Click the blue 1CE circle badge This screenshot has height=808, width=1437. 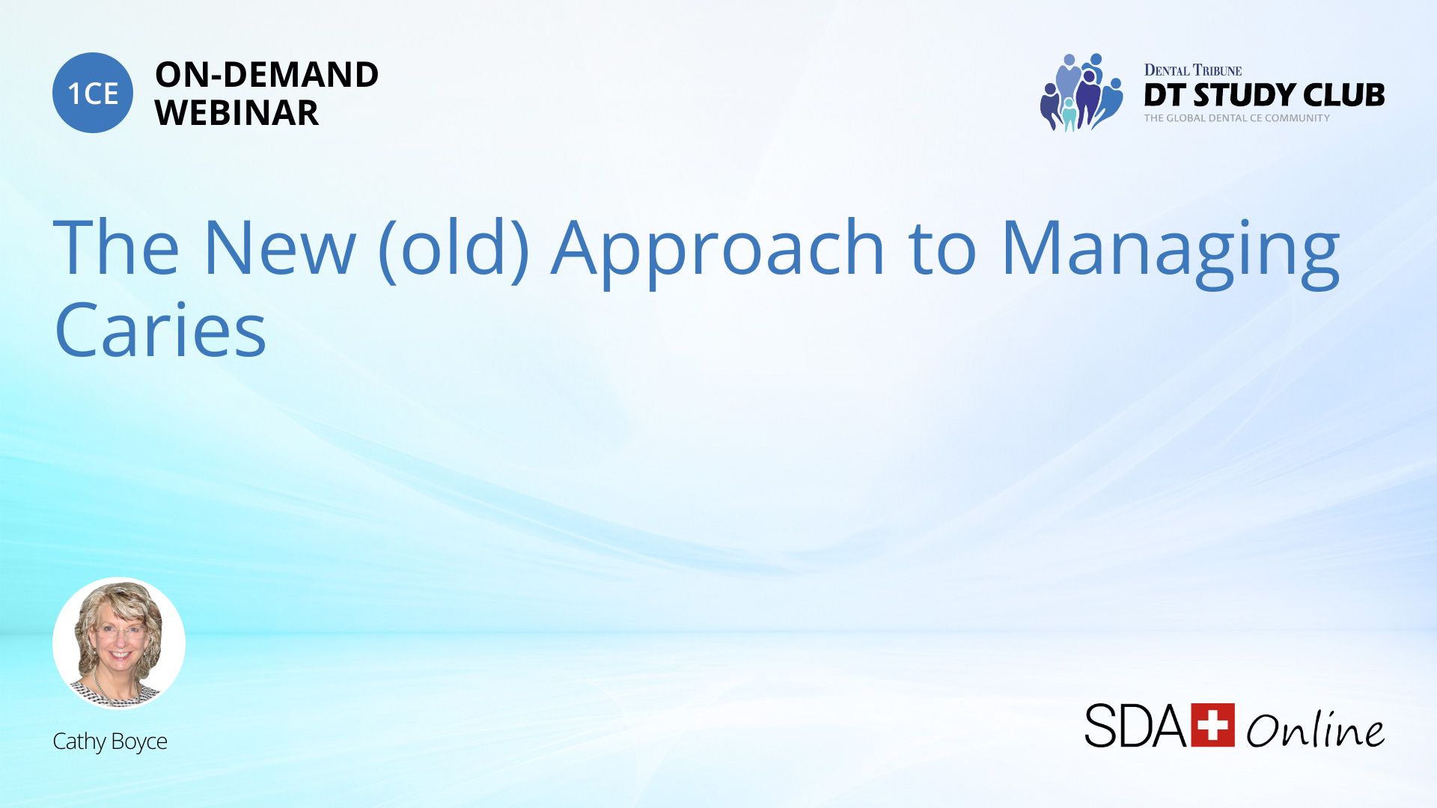tap(93, 93)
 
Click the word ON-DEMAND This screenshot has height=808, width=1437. tap(266, 75)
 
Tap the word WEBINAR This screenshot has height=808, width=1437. tap(237, 113)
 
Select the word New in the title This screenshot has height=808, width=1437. tap(279, 248)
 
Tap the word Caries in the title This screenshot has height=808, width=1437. tap(160, 329)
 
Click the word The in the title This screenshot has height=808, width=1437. tap(116, 246)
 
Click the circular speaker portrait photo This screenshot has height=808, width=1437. tap(119, 643)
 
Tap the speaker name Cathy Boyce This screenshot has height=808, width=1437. tap(110, 741)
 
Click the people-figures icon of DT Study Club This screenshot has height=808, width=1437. tap(1081, 92)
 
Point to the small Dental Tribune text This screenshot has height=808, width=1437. tap(1193, 70)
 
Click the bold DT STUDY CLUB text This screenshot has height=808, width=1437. tap(1264, 95)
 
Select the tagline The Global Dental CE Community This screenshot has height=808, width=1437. tap(1236, 118)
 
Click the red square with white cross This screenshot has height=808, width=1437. tap(1212, 725)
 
